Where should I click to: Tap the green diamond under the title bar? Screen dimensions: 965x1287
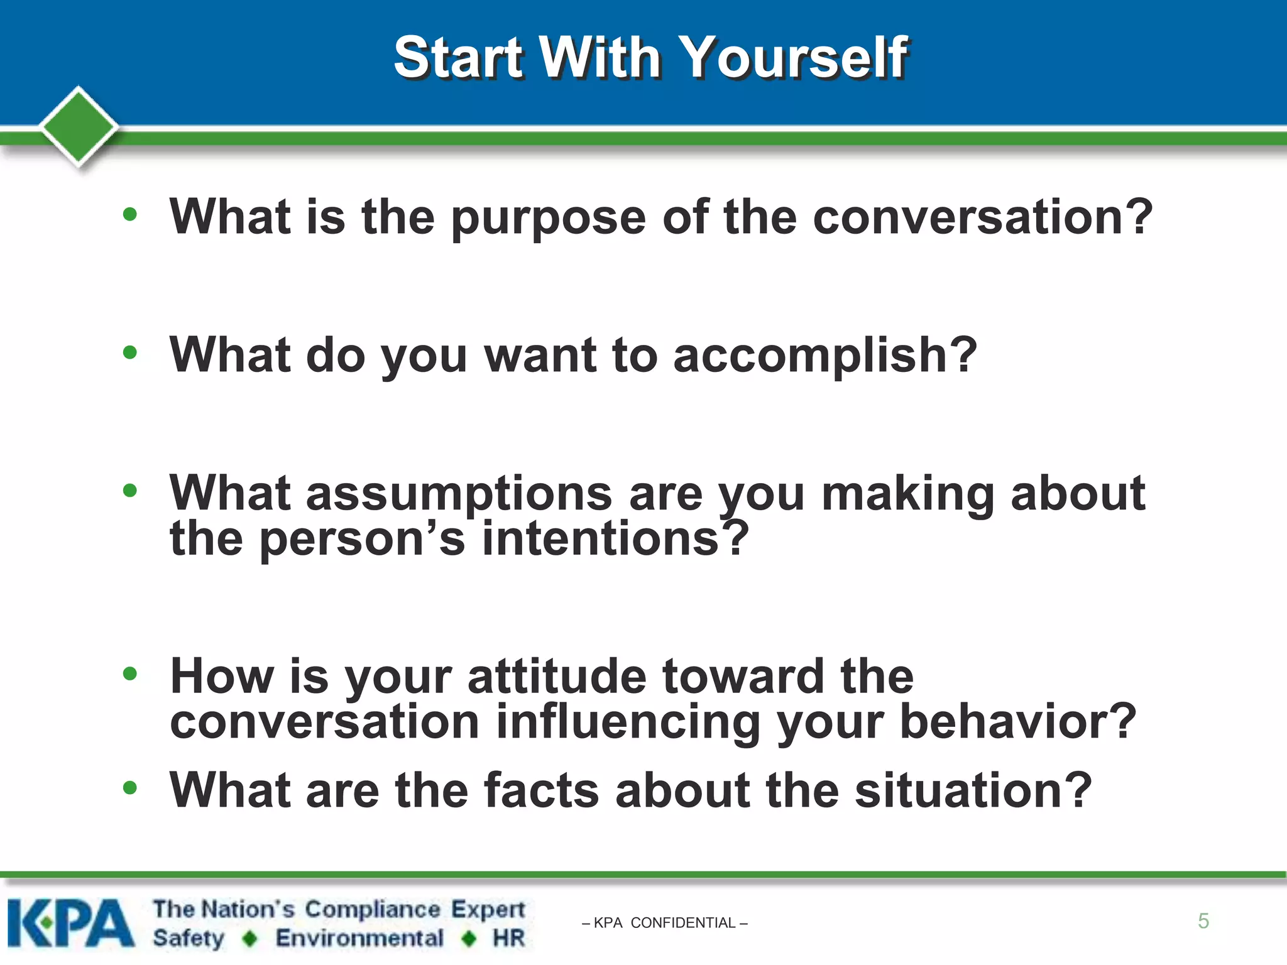(79, 126)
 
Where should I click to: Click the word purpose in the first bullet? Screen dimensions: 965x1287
(548, 218)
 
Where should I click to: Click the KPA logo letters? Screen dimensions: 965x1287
(70, 923)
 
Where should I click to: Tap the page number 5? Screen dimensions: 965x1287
(1203, 921)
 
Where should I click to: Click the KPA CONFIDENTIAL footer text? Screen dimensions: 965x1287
(665, 923)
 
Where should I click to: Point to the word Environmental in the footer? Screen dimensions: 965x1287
(359, 938)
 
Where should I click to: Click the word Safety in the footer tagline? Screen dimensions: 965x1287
(189, 938)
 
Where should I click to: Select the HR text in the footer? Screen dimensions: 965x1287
(508, 938)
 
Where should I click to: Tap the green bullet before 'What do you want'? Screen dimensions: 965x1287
(130, 352)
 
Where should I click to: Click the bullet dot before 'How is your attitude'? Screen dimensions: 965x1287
(130, 674)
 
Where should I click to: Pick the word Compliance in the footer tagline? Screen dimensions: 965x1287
(373, 909)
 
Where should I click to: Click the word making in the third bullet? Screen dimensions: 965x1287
(907, 494)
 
